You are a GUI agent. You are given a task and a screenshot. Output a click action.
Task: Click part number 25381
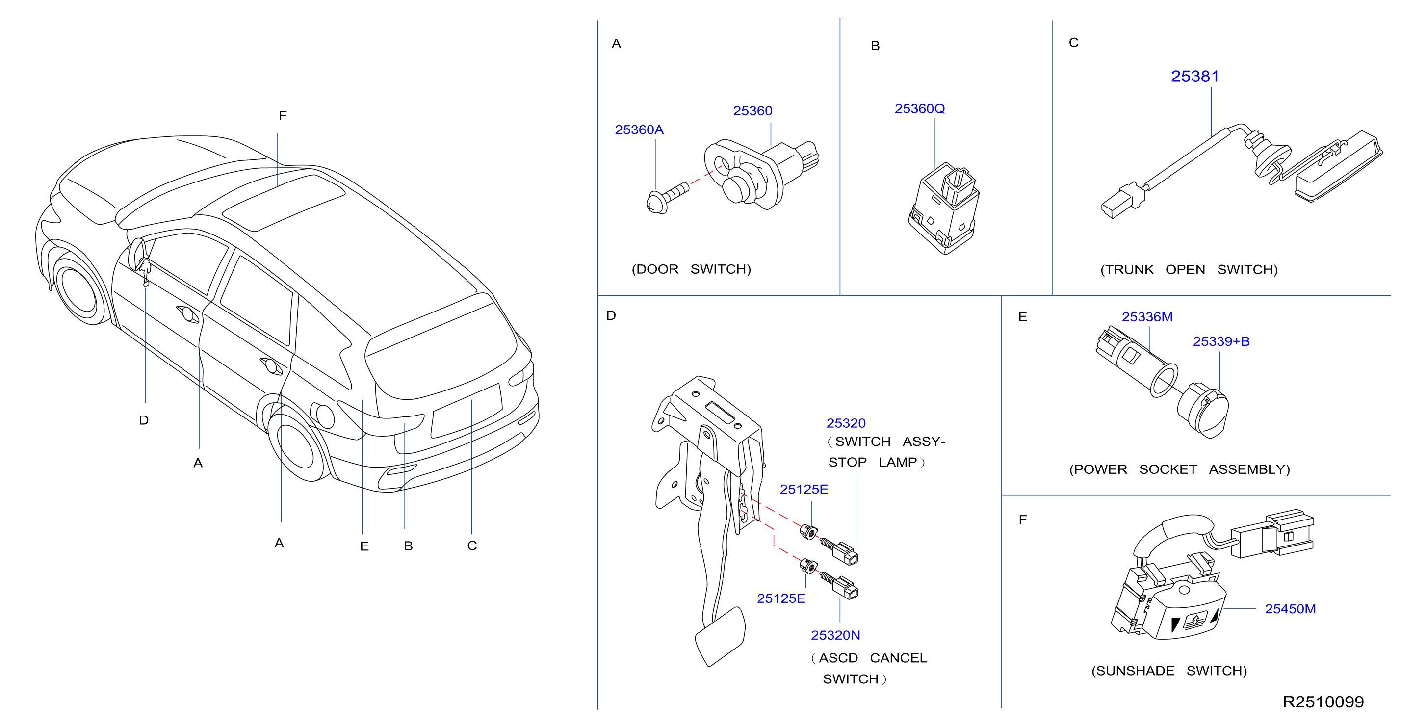[x=1195, y=77]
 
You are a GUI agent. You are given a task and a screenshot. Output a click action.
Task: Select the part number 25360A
[x=639, y=130]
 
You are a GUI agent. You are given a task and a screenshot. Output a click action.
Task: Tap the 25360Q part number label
[x=920, y=108]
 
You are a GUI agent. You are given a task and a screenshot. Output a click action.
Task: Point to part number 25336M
[x=1147, y=317]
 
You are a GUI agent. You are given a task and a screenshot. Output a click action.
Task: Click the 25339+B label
[x=1221, y=341]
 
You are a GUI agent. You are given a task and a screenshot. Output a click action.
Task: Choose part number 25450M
[x=1290, y=609]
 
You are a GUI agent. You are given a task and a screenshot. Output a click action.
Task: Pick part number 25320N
[x=835, y=635]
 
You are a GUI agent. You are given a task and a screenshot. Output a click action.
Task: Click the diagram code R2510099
[x=1323, y=702]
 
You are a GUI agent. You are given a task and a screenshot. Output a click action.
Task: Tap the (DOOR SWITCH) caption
[x=691, y=269]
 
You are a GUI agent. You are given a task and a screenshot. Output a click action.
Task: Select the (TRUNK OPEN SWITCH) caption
[x=1189, y=270]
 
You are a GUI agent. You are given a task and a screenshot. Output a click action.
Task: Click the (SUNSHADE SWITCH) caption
[x=1169, y=671]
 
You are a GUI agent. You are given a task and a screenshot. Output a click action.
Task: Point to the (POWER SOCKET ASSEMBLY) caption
[x=1179, y=470]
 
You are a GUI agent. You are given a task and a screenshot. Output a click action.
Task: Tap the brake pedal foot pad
[x=720, y=636]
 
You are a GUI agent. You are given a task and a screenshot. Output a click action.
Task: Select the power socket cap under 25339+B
[x=1203, y=410]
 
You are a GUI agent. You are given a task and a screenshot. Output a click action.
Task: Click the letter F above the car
[x=283, y=115]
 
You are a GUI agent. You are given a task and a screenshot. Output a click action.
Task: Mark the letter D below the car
[x=143, y=420]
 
